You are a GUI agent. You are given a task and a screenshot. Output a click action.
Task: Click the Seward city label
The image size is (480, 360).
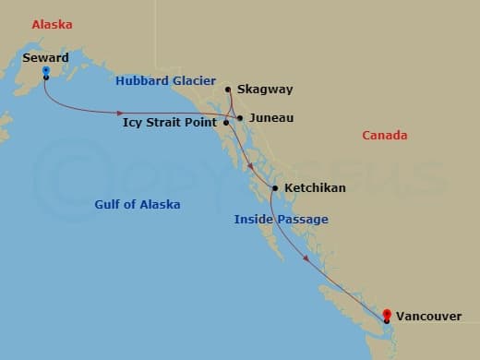click(44, 57)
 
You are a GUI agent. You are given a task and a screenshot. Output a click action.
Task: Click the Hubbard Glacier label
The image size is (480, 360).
click(165, 81)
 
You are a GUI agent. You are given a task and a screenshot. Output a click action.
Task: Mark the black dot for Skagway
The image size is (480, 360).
click(228, 90)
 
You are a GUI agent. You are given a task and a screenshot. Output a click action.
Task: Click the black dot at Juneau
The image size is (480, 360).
click(240, 118)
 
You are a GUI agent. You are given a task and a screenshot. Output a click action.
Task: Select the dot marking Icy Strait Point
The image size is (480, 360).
click(226, 122)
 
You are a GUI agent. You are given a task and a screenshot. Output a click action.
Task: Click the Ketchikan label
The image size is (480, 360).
click(315, 188)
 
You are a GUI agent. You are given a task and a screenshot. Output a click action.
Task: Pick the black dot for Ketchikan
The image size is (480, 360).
click(274, 188)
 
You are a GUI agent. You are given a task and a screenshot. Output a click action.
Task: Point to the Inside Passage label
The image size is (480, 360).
click(281, 220)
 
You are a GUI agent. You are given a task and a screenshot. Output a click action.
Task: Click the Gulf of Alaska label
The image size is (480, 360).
click(138, 204)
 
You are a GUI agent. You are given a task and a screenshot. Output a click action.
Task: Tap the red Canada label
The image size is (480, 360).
click(384, 136)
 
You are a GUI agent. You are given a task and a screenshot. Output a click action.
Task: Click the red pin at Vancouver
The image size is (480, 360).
click(388, 315)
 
